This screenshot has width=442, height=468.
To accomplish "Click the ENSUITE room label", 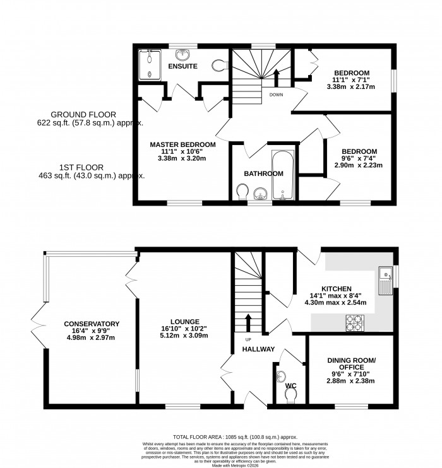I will tap(182, 66).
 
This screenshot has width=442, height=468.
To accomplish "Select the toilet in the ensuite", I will tap(220, 65).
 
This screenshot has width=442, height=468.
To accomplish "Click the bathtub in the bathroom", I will tap(282, 175).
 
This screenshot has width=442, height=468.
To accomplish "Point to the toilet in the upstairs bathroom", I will tap(241, 191).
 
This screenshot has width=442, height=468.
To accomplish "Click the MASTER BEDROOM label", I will tap(182, 144).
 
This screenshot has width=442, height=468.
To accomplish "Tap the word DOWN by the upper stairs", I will tap(276, 95).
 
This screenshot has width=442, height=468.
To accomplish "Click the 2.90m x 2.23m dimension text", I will tap(359, 165).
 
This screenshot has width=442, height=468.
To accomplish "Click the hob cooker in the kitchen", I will tap(352, 323).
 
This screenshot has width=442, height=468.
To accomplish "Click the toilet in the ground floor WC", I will tap(290, 394).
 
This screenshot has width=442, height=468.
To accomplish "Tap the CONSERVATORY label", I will tap(92, 324).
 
